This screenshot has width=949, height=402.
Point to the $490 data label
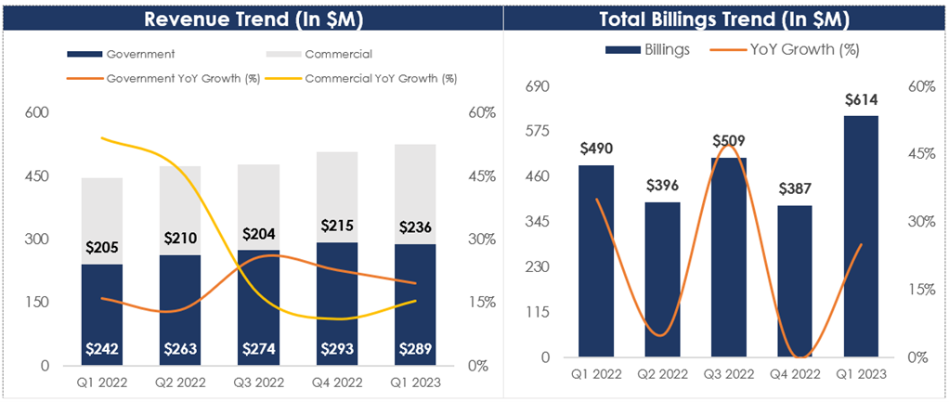[596, 149]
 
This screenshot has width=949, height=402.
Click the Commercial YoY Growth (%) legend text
[381, 78]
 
